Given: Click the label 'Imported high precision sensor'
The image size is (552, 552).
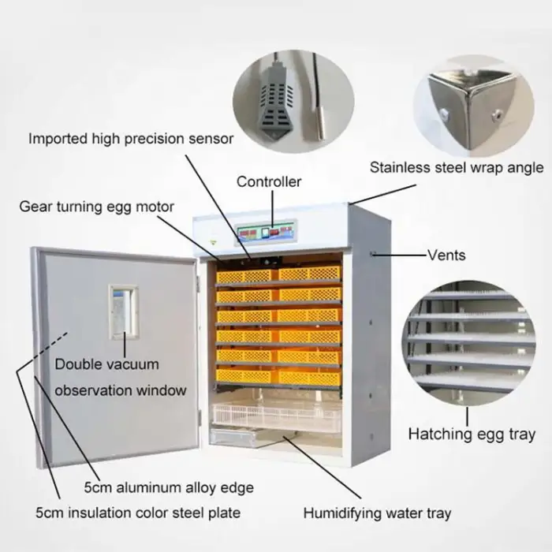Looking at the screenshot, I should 131,139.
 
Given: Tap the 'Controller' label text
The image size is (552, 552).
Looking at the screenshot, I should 269,182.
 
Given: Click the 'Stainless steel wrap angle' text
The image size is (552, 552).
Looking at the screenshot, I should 457,167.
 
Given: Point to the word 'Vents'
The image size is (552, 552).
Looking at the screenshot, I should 446,255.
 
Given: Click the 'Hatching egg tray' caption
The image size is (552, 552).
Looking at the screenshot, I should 471,434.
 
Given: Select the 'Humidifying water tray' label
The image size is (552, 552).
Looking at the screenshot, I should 377,513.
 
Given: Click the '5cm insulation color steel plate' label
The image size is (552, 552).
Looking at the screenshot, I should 138,513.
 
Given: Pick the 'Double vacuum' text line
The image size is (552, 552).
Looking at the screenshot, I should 106,365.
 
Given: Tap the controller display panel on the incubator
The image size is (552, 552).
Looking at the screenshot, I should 267,233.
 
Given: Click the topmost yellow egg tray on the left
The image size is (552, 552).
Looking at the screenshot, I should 245,275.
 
